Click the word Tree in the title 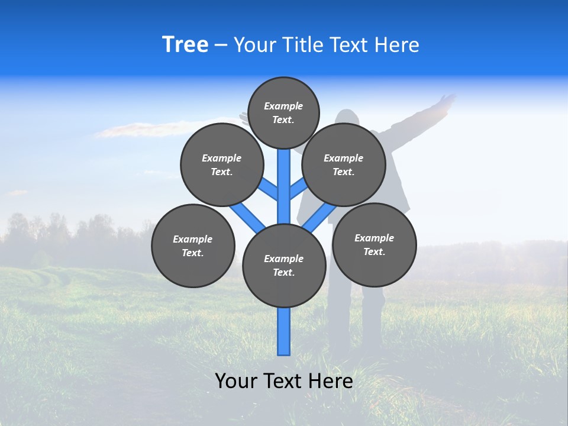(185, 45)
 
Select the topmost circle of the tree (283, 112)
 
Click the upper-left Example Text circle (222, 164)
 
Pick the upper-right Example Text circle (344, 164)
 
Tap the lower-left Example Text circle (193, 246)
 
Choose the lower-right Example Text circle (375, 244)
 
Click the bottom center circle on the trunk (284, 266)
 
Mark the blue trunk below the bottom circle (284, 331)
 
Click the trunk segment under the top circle (284, 177)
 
